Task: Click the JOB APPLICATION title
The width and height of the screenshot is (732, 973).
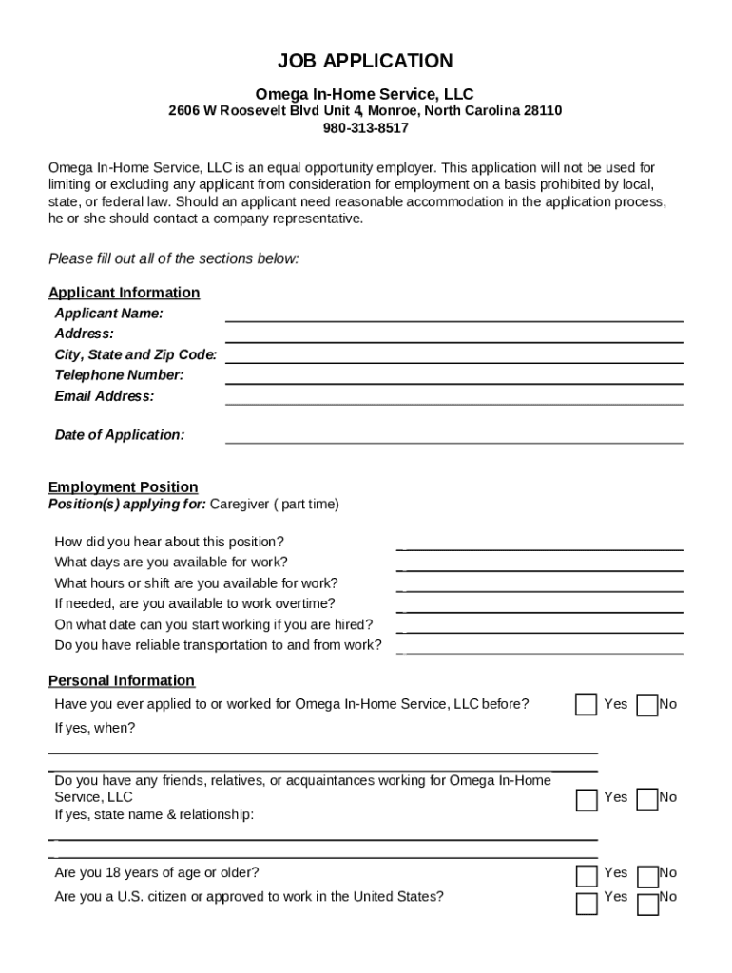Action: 365,62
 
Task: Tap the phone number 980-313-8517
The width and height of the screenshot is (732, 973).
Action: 365,128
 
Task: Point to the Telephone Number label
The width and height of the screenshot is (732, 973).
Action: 119,375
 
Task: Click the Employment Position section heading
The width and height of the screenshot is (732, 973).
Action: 124,487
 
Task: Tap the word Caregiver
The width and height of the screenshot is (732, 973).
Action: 240,505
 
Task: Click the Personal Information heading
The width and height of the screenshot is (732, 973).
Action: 122,681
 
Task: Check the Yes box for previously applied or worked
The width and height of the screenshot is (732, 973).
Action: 587,705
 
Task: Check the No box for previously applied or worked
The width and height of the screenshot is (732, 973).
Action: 646,705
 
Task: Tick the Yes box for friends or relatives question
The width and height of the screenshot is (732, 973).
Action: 587,800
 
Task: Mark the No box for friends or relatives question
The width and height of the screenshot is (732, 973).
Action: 646,800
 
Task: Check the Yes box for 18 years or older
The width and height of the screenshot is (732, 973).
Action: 587,875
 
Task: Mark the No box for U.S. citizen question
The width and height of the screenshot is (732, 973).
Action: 646,904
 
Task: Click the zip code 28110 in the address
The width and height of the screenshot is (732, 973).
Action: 543,111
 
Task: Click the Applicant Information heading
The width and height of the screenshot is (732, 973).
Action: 124,293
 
